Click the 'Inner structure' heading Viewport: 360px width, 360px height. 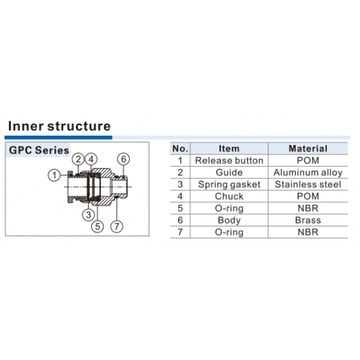[59, 126]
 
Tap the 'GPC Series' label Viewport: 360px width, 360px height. [39, 150]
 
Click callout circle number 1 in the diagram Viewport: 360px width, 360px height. [54, 175]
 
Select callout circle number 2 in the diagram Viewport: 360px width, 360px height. [79, 159]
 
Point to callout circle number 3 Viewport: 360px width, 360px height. [89, 215]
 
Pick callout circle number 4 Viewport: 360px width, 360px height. [91, 159]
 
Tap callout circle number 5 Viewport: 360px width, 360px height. [97, 226]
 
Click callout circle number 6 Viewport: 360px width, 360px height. [124, 159]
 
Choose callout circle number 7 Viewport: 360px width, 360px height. [117, 226]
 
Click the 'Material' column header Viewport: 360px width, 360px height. [308, 148]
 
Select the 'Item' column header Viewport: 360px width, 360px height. [229, 148]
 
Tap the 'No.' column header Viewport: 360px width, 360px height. [180, 148]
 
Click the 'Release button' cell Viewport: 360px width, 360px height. [229, 161]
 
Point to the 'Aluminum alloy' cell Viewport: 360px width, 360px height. [308, 173]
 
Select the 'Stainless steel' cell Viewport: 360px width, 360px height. [308, 184]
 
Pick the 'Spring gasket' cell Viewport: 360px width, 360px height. [229, 185]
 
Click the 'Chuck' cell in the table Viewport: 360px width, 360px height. [229, 196]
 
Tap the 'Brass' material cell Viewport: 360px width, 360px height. [308, 220]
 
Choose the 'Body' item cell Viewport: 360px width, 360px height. [229, 220]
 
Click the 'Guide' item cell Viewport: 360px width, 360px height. [229, 173]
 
